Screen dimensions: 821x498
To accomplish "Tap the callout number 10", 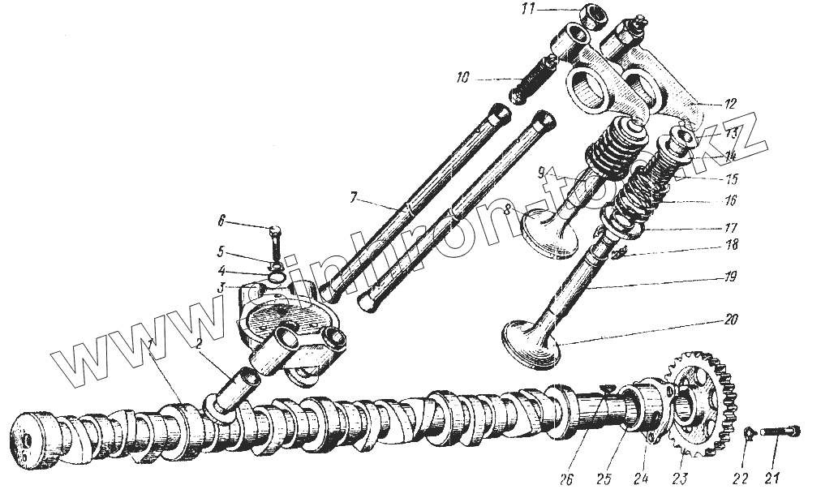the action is click(x=462, y=79).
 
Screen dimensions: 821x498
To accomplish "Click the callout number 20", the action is click(x=731, y=320).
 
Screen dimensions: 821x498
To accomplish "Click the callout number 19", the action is click(x=731, y=277).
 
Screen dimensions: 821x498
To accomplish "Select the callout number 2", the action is click(x=198, y=343).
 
